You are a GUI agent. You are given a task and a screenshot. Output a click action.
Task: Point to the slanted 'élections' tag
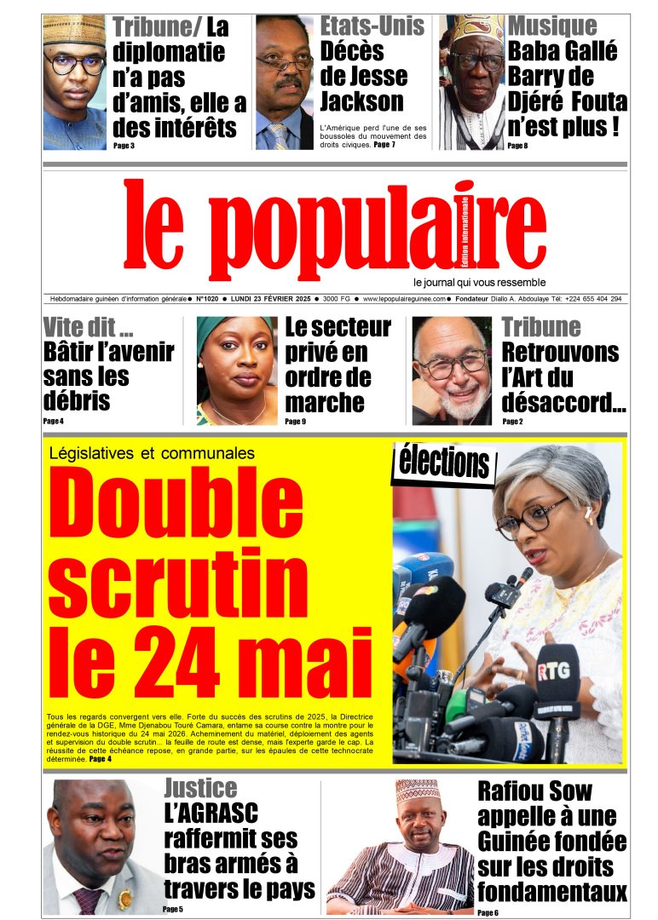[x=444, y=463]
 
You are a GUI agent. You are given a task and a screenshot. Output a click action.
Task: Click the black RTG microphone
[x=556, y=681]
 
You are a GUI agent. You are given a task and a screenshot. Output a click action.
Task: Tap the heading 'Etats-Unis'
[x=372, y=26]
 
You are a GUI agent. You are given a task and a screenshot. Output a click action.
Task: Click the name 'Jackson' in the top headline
[x=361, y=101]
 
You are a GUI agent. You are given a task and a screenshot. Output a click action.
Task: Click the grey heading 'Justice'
[x=200, y=787]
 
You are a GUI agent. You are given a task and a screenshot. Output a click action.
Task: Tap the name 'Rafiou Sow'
[x=534, y=791]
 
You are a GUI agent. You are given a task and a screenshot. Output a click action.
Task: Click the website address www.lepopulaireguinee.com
[x=405, y=299]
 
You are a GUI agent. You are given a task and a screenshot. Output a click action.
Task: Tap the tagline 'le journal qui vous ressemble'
[x=479, y=282]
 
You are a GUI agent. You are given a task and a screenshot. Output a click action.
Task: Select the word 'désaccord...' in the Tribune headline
[x=563, y=401]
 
